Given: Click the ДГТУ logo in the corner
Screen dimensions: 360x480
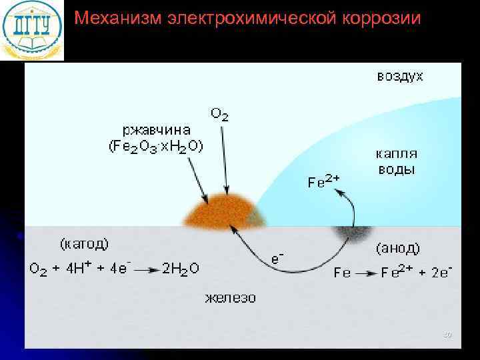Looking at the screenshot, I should click(31, 30).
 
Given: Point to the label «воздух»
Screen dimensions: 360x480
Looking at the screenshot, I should click(400, 76).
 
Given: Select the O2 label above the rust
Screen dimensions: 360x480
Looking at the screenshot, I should click(219, 115).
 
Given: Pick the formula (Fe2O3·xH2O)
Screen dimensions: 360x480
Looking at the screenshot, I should click(157, 146).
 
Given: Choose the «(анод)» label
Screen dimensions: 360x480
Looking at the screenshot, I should click(398, 249).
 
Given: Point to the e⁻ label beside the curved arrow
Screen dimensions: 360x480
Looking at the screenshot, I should click(275, 258).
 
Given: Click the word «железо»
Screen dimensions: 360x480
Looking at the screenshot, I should click(230, 297).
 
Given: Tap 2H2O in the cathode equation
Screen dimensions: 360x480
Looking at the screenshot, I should click(181, 269).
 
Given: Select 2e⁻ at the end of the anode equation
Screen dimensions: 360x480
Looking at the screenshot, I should click(441, 271).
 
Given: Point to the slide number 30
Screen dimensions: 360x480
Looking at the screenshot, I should click(447, 335).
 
